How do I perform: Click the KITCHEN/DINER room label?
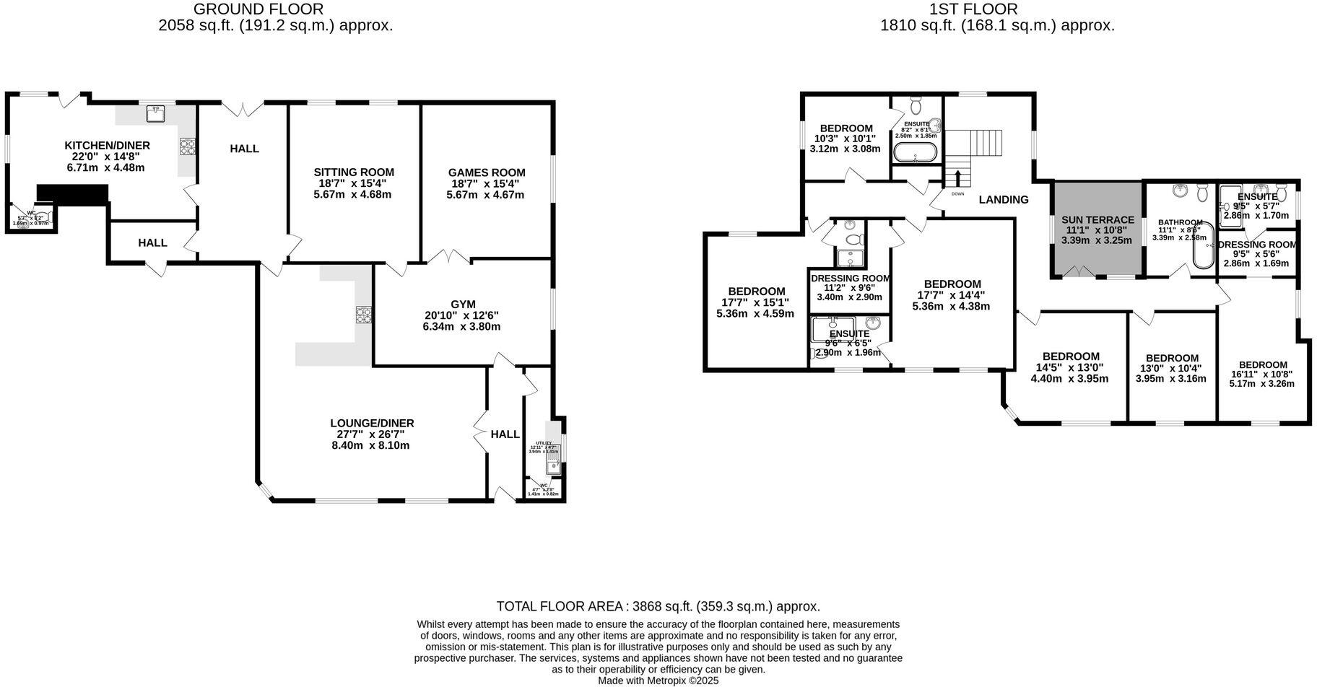[107, 146]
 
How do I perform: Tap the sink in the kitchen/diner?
[155, 113]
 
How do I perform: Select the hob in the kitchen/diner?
[188, 146]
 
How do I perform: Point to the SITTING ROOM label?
[354, 172]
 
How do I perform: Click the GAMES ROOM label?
[487, 172]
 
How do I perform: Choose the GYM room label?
[461, 305]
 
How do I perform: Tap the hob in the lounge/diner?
[363, 315]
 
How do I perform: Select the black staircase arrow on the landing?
[957, 178]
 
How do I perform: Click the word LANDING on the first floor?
[1004, 200]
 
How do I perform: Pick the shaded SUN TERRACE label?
[1097, 220]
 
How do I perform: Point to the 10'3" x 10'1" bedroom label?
[846, 128]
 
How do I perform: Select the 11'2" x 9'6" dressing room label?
[850, 279]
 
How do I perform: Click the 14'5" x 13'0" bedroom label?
[1071, 356]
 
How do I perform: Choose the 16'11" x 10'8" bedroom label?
[1263, 365]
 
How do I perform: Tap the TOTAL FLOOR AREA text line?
[658, 607]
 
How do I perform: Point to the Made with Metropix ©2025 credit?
[658, 681]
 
